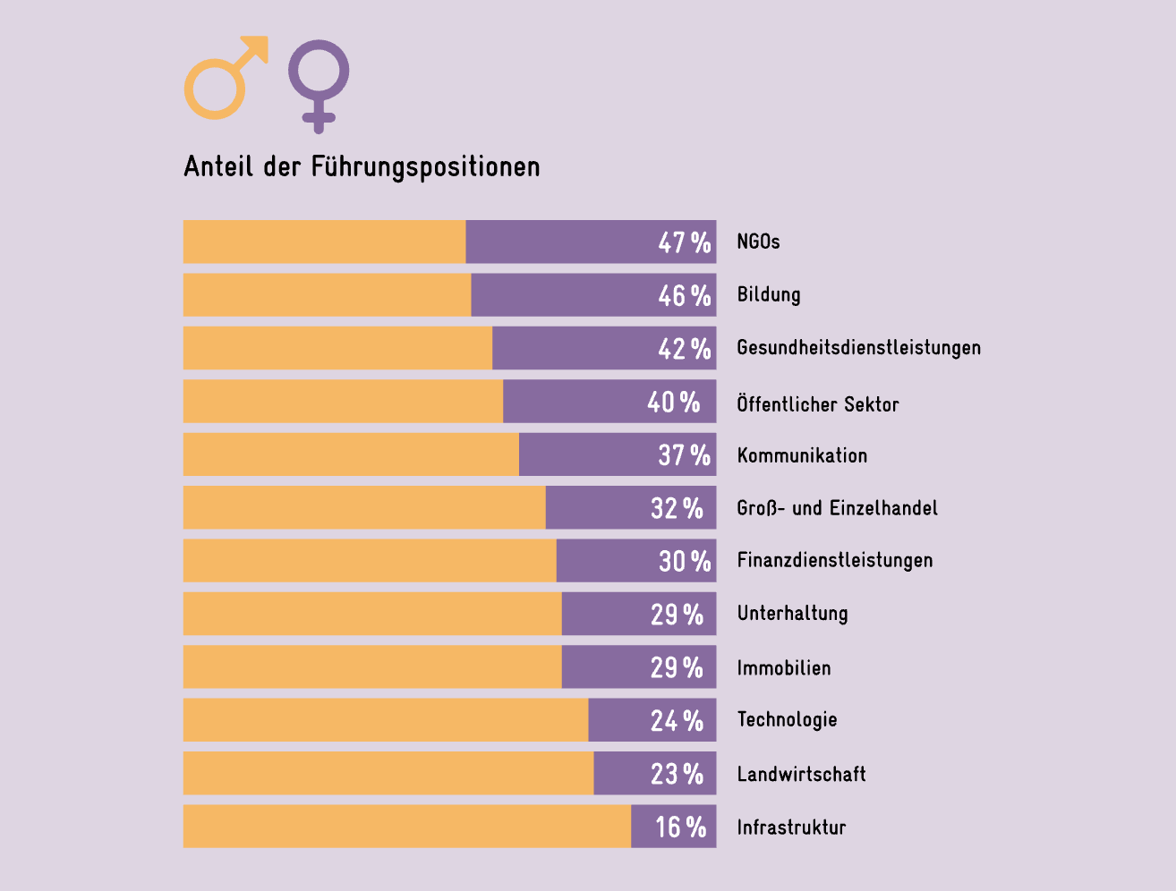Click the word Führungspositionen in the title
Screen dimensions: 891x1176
point(425,167)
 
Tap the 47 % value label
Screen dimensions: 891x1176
point(684,242)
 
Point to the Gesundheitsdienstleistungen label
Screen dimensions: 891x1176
point(858,348)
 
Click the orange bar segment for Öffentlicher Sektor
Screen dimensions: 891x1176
point(343,401)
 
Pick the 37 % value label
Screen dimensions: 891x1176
point(684,454)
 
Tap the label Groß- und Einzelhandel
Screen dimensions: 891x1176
point(837,508)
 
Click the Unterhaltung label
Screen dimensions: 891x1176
point(792,614)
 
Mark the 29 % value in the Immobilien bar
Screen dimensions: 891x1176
point(677,667)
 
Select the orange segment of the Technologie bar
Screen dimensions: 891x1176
point(385,720)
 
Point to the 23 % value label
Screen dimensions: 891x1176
point(677,774)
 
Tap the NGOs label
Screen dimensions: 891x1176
point(758,242)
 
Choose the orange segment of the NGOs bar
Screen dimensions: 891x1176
point(324,242)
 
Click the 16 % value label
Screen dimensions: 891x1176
point(680,827)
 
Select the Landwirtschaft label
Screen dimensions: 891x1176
point(801,774)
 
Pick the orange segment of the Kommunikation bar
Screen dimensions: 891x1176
point(351,454)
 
